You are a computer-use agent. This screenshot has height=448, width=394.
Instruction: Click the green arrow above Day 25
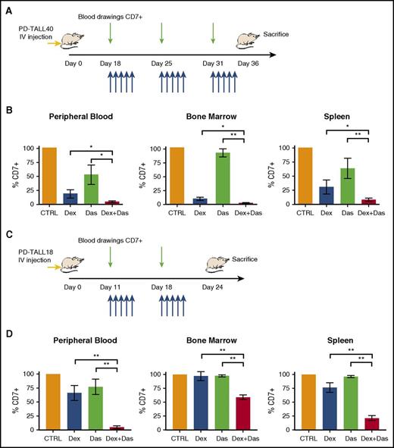[161, 34]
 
